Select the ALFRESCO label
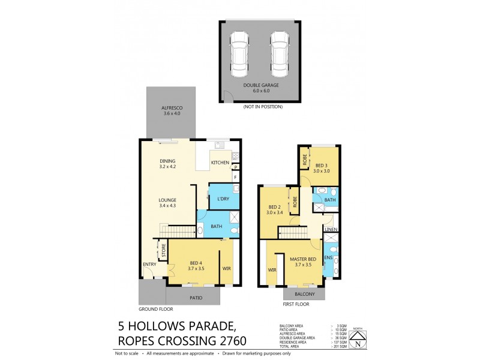pyautogui.click(x=172, y=109)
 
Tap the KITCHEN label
pyautogui.click(x=220, y=163)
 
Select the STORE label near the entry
pyautogui.click(x=163, y=250)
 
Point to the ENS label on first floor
pyautogui.click(x=328, y=258)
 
